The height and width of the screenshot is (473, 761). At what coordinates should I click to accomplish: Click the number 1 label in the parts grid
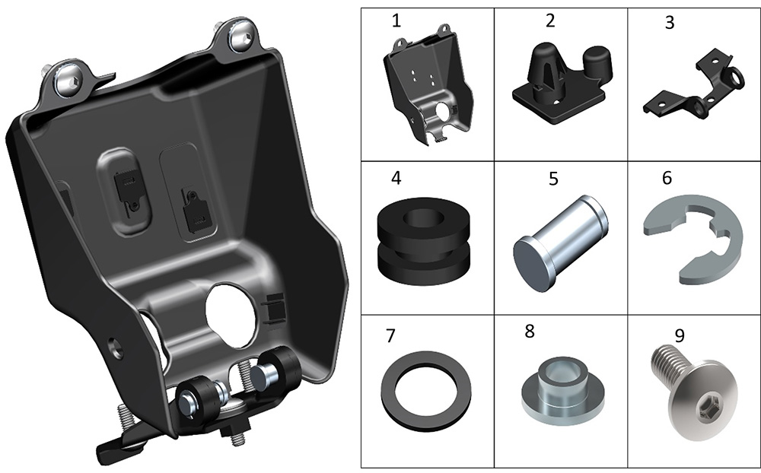coord(396,21)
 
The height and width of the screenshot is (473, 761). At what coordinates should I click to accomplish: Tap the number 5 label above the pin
coord(553,179)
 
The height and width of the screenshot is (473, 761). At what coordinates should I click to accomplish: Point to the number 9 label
coord(680,335)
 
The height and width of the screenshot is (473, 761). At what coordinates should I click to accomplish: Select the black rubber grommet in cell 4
coord(424,240)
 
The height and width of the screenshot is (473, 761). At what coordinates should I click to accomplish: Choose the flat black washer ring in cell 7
coord(426,386)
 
